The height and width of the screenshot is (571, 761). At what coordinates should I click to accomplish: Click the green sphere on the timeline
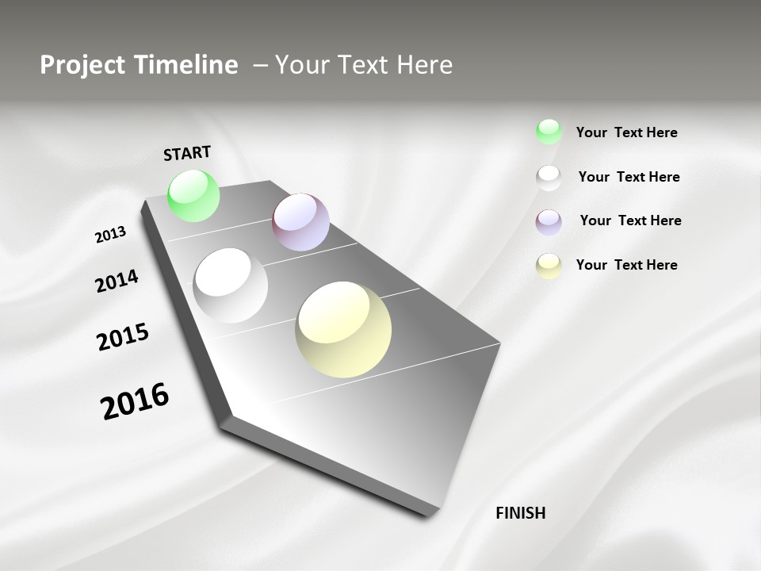(194, 195)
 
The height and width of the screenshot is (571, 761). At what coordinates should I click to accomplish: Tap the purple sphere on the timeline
(301, 222)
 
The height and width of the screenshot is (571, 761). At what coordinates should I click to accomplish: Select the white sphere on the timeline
(231, 285)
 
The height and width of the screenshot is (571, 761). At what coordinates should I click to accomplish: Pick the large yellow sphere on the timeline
(343, 329)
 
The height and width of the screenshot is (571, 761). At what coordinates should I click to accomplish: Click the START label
(187, 153)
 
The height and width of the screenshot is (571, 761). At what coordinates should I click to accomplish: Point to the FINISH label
(521, 513)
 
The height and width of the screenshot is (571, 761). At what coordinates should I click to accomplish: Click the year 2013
(110, 235)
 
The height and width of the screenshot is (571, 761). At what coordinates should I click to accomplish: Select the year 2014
(117, 281)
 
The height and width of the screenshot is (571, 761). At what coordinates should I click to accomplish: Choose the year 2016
(135, 400)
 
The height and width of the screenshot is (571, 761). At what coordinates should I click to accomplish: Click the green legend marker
(549, 132)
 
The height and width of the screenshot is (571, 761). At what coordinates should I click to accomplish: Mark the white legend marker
(549, 177)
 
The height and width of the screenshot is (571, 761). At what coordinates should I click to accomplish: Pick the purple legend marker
(549, 221)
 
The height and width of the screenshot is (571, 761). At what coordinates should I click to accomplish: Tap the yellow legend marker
(549, 266)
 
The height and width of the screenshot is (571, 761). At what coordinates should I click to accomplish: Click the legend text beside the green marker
(626, 132)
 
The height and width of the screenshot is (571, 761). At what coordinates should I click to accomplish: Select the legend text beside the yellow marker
(626, 265)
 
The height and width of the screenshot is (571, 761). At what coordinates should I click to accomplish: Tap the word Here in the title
(423, 65)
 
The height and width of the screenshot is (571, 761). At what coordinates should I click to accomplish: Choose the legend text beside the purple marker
(630, 220)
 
